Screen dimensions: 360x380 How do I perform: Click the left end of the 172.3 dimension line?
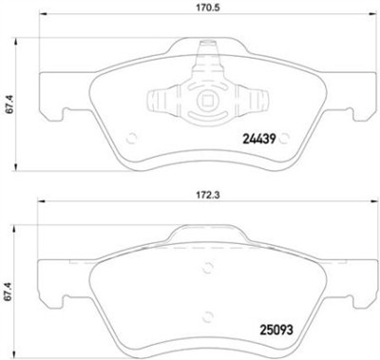click(x=37, y=203)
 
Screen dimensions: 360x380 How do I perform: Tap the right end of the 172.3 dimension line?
click(x=362, y=203)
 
